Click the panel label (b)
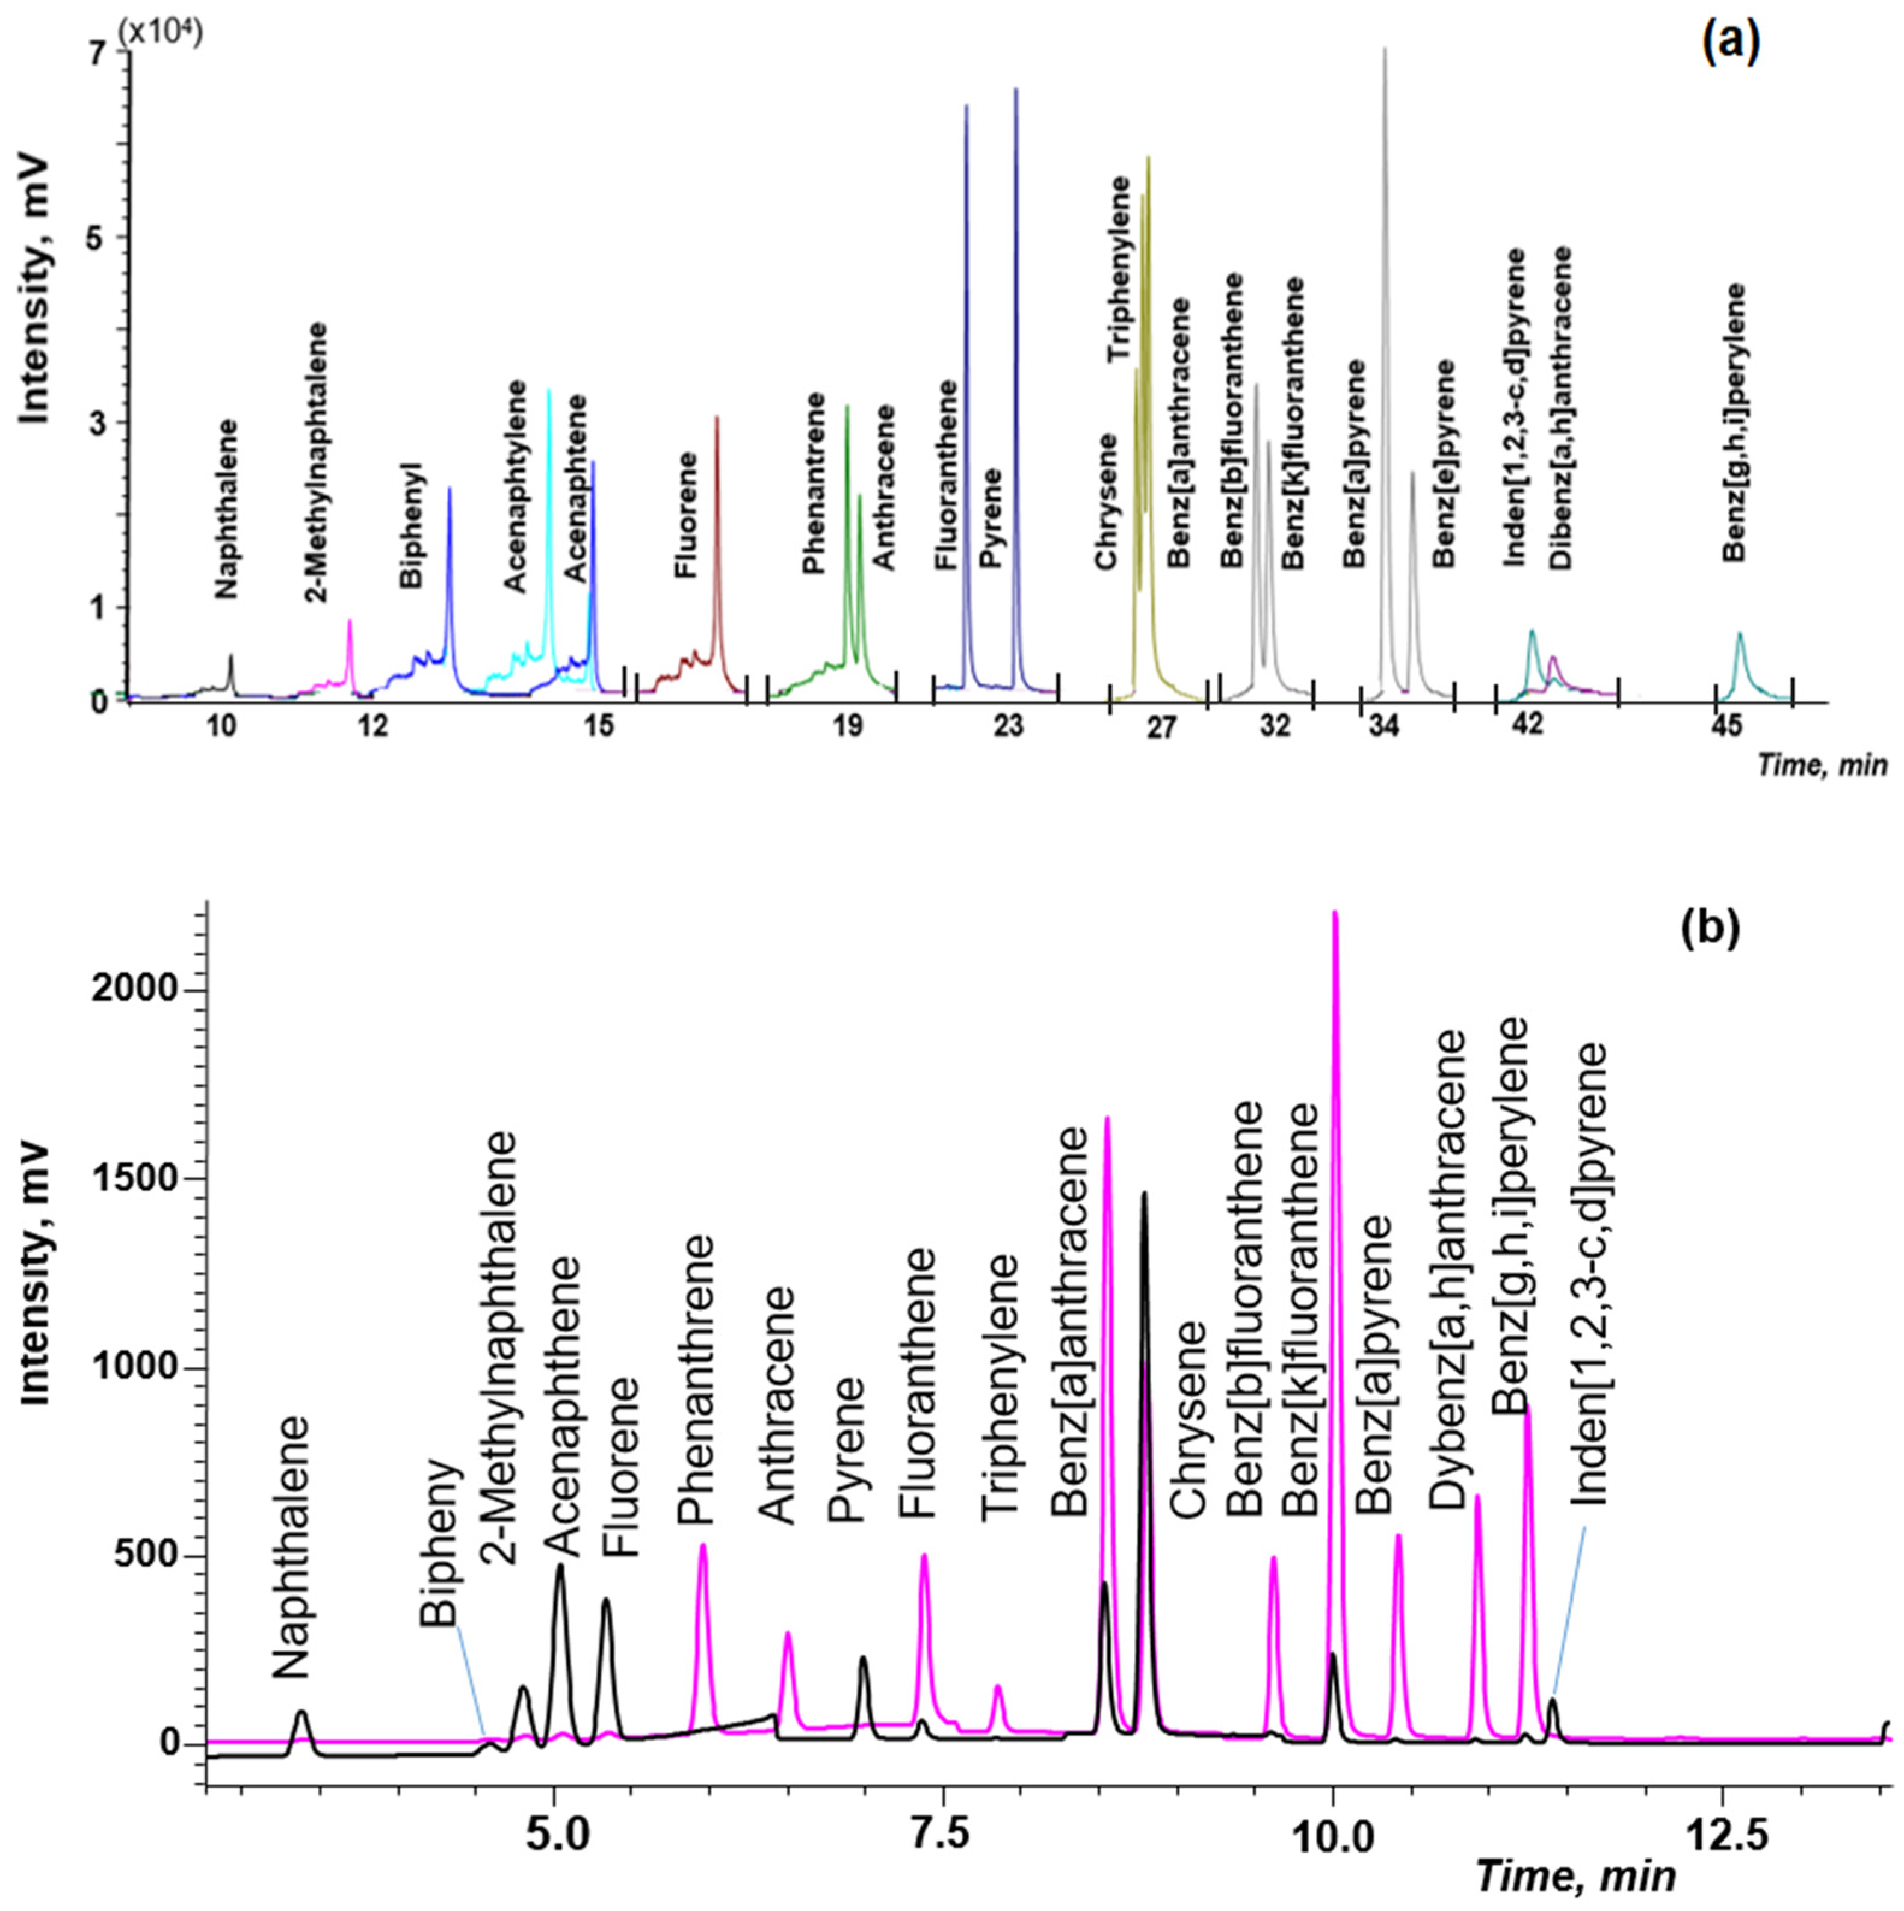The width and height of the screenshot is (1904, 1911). click(1711, 930)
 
